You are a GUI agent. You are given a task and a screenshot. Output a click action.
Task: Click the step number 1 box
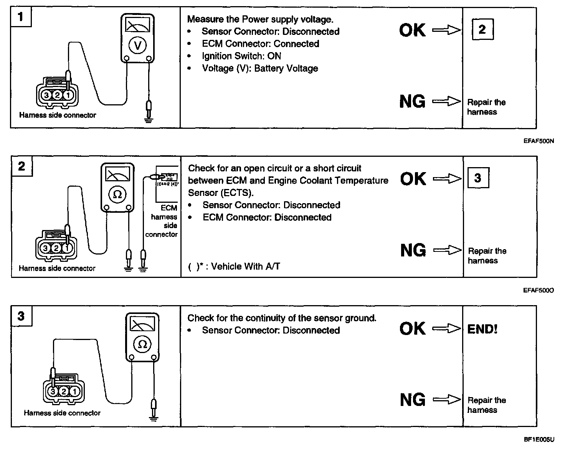coord(21,17)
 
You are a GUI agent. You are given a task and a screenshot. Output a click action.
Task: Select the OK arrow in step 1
coord(446,30)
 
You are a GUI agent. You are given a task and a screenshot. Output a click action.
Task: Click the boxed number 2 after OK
coord(482,29)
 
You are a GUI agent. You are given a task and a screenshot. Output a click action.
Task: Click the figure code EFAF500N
coord(539,141)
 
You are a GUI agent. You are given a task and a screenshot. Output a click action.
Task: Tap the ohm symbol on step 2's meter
coord(117,194)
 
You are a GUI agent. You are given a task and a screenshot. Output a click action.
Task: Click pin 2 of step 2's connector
coord(56,248)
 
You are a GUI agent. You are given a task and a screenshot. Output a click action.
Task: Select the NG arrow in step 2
coord(447,250)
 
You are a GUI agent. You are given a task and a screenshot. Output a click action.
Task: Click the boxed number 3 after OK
coord(478,178)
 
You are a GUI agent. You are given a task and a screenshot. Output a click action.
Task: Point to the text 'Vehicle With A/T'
coord(246,266)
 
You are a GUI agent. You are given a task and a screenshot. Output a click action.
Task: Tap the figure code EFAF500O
coord(539,290)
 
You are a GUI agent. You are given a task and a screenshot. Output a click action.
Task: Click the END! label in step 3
coord(482,329)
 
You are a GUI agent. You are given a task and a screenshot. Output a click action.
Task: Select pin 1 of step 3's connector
coord(74,392)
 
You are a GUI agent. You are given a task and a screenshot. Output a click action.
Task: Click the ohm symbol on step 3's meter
coord(142,344)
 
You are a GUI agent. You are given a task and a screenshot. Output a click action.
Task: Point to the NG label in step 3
coord(413,400)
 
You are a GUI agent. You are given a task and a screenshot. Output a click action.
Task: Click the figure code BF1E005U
coord(539,440)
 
